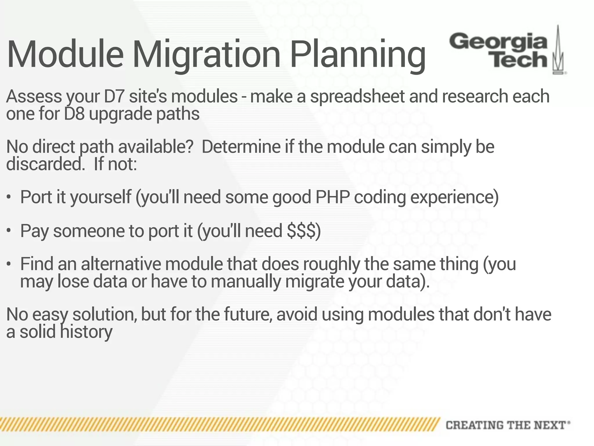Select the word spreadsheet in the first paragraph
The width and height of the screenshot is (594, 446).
click(357, 96)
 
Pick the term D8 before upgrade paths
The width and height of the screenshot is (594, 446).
click(75, 114)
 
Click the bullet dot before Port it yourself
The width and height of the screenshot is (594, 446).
click(9, 197)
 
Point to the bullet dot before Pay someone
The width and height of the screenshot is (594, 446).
click(9, 231)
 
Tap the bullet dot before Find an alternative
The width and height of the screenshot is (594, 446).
click(9, 265)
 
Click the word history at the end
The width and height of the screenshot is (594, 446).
click(86, 332)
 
